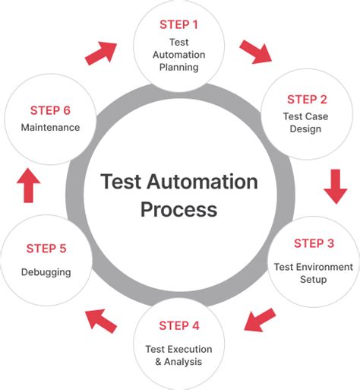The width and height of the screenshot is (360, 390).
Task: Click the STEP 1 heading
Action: (x=179, y=24)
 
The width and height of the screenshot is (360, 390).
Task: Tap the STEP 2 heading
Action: (x=307, y=100)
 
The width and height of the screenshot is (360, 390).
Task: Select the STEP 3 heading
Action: (x=314, y=244)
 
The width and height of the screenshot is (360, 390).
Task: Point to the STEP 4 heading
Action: (x=179, y=326)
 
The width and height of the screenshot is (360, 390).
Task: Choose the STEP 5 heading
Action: (x=46, y=249)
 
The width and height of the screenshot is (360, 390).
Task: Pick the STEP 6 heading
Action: (x=51, y=110)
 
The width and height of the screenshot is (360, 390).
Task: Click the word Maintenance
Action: (x=51, y=128)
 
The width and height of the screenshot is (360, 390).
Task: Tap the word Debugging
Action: (x=46, y=272)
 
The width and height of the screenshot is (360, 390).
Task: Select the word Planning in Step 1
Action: (x=179, y=67)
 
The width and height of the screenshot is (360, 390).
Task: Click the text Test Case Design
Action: (x=307, y=122)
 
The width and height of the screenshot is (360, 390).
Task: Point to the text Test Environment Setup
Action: (x=314, y=273)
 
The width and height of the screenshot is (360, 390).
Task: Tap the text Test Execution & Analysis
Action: (x=179, y=355)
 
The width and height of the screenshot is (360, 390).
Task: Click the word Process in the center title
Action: (x=179, y=209)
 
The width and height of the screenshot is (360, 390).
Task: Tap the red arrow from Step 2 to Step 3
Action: (x=335, y=186)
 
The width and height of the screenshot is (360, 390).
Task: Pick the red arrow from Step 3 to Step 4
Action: (x=261, y=319)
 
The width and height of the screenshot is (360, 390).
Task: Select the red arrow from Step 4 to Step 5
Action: (x=100, y=319)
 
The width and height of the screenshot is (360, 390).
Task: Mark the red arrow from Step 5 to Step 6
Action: (x=29, y=185)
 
